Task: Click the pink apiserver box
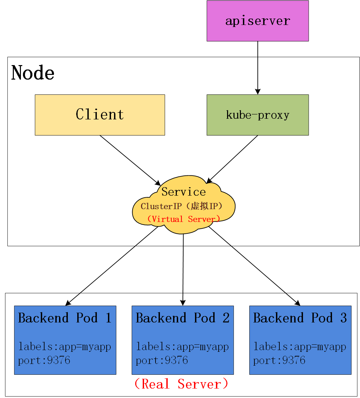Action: point(257,21)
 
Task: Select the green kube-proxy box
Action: point(257,115)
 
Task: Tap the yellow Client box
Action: point(100,115)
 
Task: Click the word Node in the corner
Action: point(33,73)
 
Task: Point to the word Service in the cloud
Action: point(184,192)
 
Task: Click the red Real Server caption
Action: point(181,384)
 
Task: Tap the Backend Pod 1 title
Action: point(65,318)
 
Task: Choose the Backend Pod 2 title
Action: point(183,318)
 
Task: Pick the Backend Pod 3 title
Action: point(300,318)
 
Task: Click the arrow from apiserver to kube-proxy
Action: point(258,67)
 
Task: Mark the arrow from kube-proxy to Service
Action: point(233,159)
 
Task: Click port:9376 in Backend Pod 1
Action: point(44,361)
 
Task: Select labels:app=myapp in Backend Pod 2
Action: point(182,347)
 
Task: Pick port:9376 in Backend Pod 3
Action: point(279,361)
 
